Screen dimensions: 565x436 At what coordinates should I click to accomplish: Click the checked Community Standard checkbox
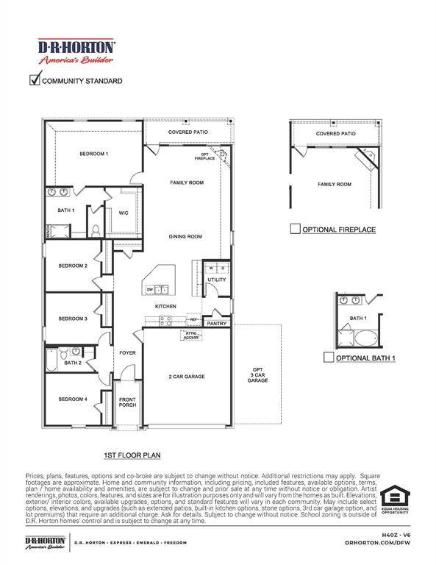pyautogui.click(x=34, y=80)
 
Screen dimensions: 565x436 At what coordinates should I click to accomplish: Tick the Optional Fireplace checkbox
pyautogui.click(x=295, y=230)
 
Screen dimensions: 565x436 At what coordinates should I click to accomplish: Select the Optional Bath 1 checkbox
pyautogui.click(x=329, y=358)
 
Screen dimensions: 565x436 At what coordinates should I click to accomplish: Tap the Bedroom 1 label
pyautogui.click(x=94, y=154)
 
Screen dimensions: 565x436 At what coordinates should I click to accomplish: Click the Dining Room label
pyautogui.click(x=185, y=236)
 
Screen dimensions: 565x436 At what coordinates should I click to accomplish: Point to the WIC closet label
pyautogui.click(x=124, y=213)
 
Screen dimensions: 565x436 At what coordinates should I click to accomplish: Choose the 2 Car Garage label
pyautogui.click(x=186, y=377)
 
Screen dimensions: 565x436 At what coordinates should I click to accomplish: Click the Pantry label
pyautogui.click(x=216, y=323)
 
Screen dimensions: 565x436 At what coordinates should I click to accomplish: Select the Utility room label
pyautogui.click(x=217, y=280)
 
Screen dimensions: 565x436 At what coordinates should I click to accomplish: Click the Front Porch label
pyautogui.click(x=128, y=402)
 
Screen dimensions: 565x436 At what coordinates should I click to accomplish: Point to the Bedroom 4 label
pyautogui.click(x=74, y=399)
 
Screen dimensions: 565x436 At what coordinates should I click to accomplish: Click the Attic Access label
pyautogui.click(x=191, y=335)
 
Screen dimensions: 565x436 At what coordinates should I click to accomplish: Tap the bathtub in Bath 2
pyautogui.click(x=51, y=360)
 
